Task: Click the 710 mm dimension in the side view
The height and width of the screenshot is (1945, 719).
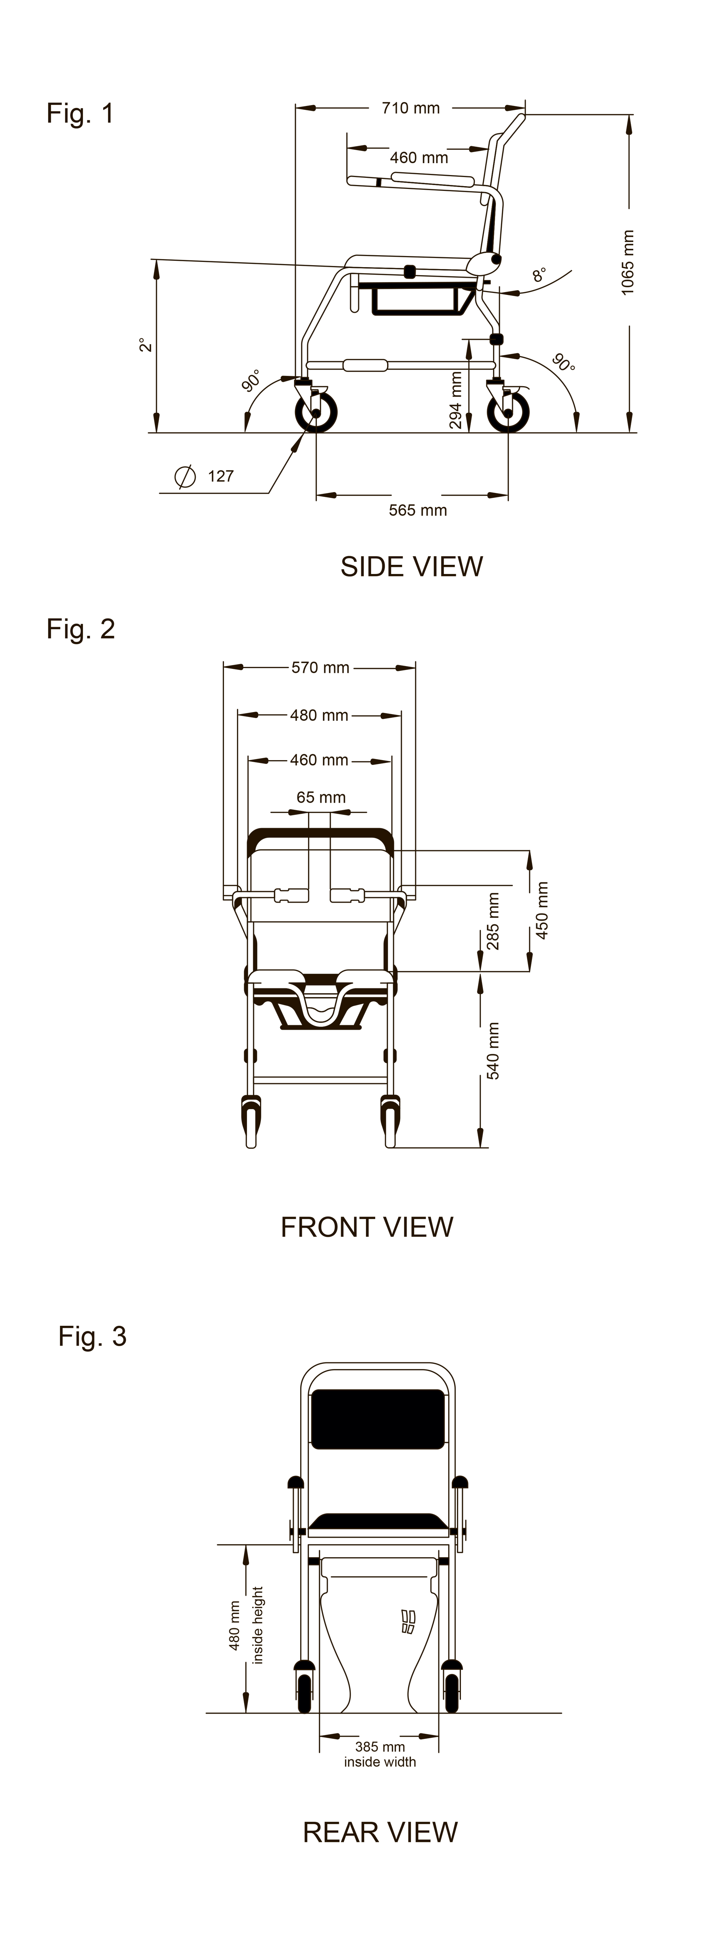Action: (x=410, y=108)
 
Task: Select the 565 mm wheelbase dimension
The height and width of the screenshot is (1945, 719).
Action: (x=418, y=510)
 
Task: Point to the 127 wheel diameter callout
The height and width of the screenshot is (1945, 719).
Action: (x=220, y=476)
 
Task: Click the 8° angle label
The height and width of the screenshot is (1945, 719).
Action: (x=538, y=275)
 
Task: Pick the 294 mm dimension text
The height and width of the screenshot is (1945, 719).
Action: (x=455, y=400)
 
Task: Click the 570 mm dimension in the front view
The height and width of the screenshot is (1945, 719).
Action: (x=320, y=668)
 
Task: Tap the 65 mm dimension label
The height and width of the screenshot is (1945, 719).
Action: (x=321, y=797)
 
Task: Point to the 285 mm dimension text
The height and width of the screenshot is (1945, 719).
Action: (x=493, y=922)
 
